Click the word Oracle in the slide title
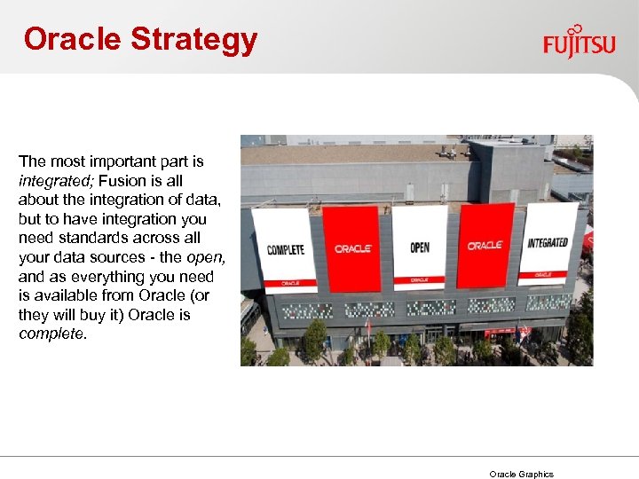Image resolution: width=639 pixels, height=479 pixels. click(x=72, y=39)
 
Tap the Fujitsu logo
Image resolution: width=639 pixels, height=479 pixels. click(x=579, y=41)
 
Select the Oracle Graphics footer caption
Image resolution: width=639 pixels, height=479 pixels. click(x=522, y=474)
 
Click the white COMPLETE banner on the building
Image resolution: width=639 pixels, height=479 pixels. click(x=285, y=248)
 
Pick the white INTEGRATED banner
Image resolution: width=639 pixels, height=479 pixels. click(x=548, y=242)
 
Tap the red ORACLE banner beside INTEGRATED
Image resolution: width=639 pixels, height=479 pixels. click(x=485, y=245)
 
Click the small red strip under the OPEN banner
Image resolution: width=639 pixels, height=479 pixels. click(x=420, y=279)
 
